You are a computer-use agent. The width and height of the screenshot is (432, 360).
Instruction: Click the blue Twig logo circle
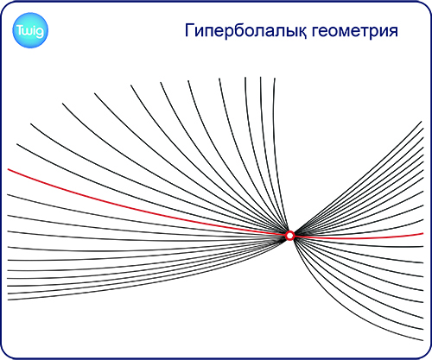click(30, 30)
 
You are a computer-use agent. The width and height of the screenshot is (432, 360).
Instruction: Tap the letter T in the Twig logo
click(20, 30)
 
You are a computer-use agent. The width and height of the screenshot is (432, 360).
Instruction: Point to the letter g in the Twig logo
click(40, 32)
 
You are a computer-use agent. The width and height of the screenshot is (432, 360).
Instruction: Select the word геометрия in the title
click(355, 32)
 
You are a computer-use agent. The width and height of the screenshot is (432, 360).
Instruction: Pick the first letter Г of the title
click(189, 30)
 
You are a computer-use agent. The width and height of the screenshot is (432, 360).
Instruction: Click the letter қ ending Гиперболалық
click(302, 32)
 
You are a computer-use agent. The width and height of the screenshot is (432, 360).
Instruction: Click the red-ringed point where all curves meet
click(290, 236)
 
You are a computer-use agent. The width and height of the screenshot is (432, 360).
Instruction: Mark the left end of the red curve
click(8, 169)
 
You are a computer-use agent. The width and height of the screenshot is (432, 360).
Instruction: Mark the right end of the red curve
click(423, 233)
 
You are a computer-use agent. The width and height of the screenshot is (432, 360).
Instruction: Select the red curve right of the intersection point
click(359, 238)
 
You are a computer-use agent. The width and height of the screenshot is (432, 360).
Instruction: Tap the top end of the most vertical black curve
click(275, 78)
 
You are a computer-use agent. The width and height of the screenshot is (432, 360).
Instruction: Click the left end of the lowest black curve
click(8, 300)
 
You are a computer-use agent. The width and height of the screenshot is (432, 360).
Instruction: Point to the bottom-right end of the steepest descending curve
click(423, 340)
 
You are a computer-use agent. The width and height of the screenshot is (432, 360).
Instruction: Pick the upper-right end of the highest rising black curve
click(422, 122)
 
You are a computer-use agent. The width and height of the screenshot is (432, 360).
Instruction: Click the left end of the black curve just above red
click(17, 144)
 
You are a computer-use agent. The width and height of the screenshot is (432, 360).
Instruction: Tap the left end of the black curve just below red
click(8, 195)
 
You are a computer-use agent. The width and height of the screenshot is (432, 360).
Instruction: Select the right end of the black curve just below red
click(423, 247)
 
